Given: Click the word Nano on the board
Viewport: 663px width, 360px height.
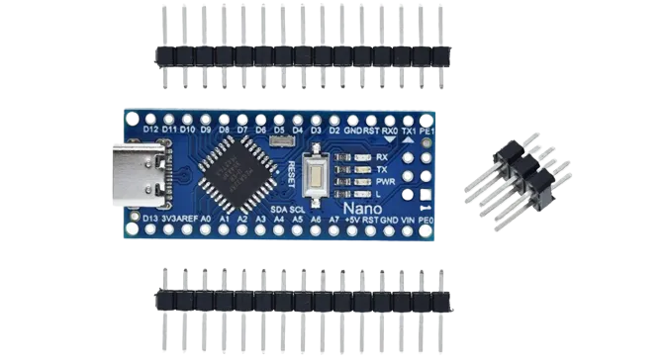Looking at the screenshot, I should click(x=363, y=210).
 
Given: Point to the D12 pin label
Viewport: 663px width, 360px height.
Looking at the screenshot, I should click(x=150, y=130).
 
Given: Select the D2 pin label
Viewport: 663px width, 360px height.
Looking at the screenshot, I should click(x=334, y=130).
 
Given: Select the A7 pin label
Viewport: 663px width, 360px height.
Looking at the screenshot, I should click(x=334, y=219).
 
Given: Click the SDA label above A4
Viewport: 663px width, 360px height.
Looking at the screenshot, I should click(x=278, y=210).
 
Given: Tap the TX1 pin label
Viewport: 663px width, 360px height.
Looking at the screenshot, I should click(x=409, y=130).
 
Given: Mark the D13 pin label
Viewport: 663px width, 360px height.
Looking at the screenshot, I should click(x=150, y=219).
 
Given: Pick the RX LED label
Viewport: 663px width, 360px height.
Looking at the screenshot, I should click(x=382, y=156).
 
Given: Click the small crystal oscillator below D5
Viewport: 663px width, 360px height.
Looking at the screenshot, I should click(x=279, y=143).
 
